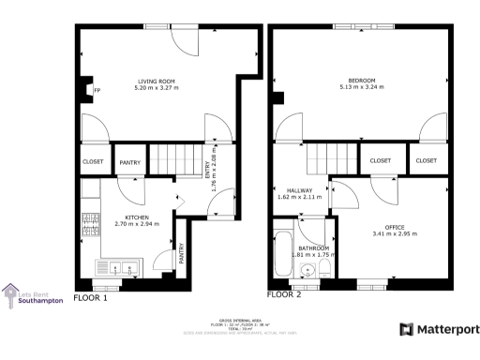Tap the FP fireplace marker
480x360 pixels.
96,91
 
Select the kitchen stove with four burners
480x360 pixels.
91,225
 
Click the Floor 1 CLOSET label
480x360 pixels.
93,161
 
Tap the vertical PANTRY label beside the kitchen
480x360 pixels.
181,253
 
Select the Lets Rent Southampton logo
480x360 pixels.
33,295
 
